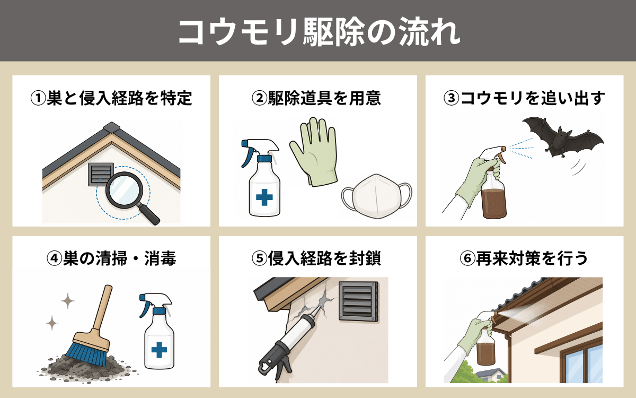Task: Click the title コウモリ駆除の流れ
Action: point(319,32)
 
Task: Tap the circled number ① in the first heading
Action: point(38,98)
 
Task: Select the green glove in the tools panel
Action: point(313,152)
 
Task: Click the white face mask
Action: point(376,197)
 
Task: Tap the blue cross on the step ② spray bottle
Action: point(264,197)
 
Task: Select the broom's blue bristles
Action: point(86,354)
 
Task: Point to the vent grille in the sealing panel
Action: point(359,301)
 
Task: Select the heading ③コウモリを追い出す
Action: point(524,98)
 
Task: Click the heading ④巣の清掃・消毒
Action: point(111,258)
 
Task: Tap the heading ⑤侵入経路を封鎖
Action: point(316,258)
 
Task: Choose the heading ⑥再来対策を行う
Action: point(524,258)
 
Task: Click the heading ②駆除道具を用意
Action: point(316,98)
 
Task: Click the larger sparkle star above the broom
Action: point(68,301)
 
